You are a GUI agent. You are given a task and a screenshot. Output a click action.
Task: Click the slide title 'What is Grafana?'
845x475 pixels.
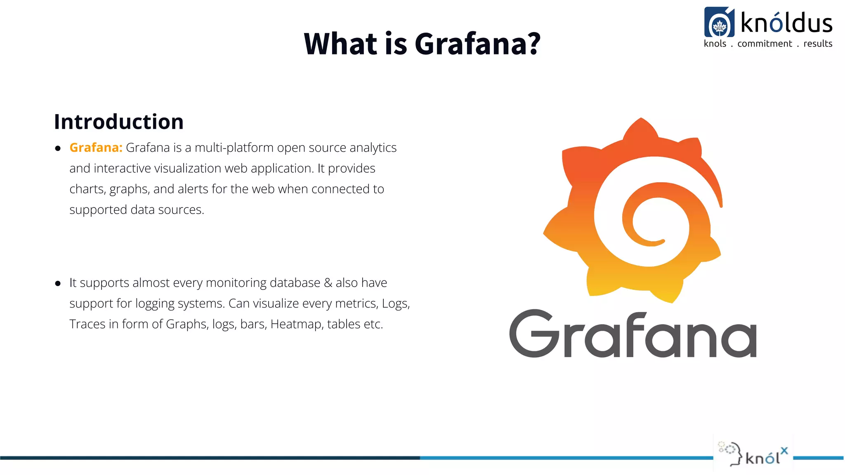tap(422, 43)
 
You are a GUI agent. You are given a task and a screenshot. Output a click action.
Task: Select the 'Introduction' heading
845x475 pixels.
tap(119, 122)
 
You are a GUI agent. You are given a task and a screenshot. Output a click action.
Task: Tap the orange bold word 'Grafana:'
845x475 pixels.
tap(96, 148)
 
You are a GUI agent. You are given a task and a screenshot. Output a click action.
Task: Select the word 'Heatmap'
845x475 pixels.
tap(296, 324)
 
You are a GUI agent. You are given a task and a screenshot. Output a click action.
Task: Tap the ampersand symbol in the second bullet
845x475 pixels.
tap(328, 283)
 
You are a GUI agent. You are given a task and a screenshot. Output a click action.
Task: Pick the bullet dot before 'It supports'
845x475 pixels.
tap(58, 283)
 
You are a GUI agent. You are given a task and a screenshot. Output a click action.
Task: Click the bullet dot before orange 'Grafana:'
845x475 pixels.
tap(58, 148)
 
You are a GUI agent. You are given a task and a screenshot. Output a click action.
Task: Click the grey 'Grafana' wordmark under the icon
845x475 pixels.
tap(633, 334)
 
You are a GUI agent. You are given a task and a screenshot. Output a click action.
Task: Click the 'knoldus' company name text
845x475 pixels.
tap(786, 23)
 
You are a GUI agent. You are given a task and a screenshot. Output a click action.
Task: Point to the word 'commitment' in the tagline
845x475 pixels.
tap(765, 44)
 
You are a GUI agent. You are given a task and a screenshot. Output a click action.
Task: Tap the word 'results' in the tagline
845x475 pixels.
tap(818, 44)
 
